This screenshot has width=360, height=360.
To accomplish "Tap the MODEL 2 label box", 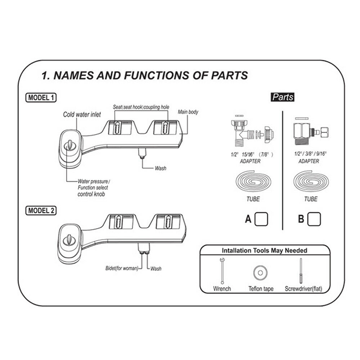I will tap(41, 210).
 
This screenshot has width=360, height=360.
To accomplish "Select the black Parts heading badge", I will tap(282, 97).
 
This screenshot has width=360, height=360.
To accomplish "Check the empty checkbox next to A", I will tap(261, 219).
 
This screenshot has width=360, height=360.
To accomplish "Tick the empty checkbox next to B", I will tap(314, 219).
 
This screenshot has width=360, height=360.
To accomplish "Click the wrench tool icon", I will tap(222, 270).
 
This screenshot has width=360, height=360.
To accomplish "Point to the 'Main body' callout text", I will tap(188, 112).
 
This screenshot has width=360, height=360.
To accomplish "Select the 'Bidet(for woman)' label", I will tap(123, 269).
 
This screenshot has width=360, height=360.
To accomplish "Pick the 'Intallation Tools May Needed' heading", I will tap(264, 251).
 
